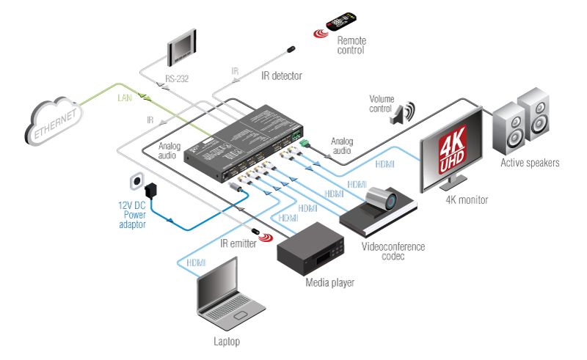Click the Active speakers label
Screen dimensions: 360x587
(530, 162)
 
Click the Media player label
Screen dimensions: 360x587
(329, 282)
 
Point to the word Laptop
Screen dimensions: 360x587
(226, 342)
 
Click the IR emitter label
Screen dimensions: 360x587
(237, 243)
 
